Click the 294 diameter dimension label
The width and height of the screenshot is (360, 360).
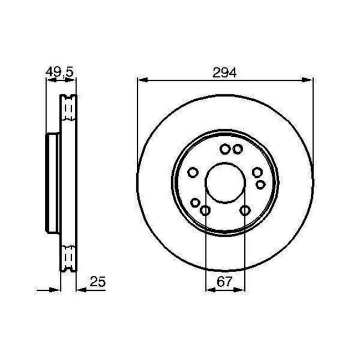coord(224,72)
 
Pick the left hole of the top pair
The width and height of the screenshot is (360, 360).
coord(225,148)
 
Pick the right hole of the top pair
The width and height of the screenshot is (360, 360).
coord(237,148)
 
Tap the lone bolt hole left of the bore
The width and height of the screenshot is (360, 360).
coord(192,173)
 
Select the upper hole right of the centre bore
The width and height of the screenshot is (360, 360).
coord(256,173)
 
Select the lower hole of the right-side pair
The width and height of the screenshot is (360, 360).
coord(260,183)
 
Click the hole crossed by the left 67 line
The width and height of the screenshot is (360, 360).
coord(205,210)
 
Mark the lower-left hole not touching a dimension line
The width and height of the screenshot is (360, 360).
coord(197,203)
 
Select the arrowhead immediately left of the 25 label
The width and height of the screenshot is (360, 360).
coord(79,288)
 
